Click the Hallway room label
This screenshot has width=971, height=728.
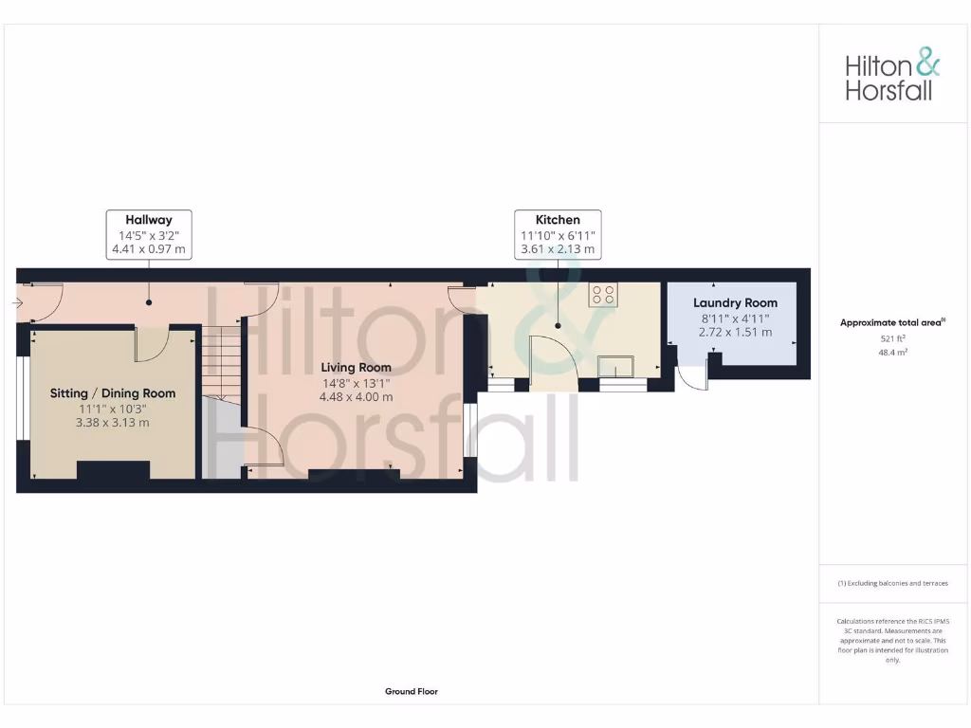[149, 220]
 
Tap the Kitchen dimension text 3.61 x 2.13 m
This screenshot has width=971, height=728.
[558, 250]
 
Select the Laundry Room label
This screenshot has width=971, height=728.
[735, 303]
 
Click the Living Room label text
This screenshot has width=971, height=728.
[356, 368]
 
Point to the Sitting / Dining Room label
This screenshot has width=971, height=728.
[113, 393]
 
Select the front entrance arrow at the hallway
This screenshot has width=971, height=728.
[18, 303]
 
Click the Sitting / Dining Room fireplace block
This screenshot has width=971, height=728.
[113, 470]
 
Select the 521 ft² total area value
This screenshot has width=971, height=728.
[892, 337]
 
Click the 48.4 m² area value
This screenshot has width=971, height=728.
[892, 352]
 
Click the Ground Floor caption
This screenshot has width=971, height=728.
[411, 692]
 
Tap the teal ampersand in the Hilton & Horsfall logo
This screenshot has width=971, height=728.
[925, 64]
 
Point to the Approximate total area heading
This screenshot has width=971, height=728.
[891, 323]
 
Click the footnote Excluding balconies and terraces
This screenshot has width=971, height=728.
[892, 584]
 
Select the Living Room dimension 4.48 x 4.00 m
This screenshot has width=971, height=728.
[356, 396]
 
